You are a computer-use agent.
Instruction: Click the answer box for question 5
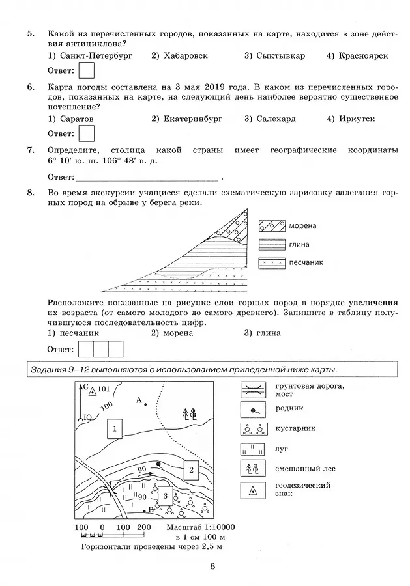click(x=86, y=70)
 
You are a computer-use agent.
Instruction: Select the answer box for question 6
click(x=86, y=133)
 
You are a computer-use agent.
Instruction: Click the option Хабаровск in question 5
click(x=179, y=56)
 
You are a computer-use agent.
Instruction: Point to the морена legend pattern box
click(x=271, y=226)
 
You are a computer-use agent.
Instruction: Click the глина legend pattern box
click(x=271, y=245)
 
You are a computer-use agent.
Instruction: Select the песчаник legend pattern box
click(x=271, y=263)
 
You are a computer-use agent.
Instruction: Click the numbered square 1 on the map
click(x=115, y=428)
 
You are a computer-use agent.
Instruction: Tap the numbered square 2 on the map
click(x=190, y=469)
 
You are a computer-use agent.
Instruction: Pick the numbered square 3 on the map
click(x=166, y=497)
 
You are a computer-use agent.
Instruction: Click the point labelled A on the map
click(x=145, y=404)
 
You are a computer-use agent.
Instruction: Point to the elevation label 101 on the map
click(x=104, y=390)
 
